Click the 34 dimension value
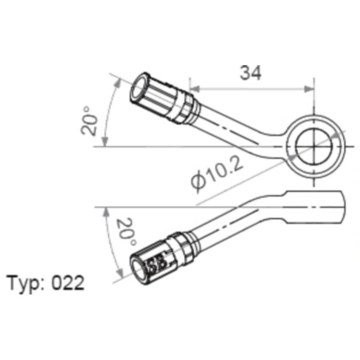pos(251,73)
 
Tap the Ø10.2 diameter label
pos(217,174)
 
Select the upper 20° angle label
pos(89,121)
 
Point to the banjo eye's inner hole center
pos(314,147)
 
